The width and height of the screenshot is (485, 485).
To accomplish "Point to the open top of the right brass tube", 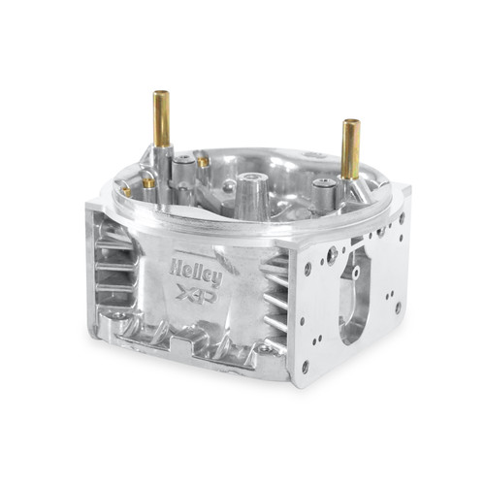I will pos(350,123).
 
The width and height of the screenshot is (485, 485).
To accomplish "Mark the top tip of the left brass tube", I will pos(161,94).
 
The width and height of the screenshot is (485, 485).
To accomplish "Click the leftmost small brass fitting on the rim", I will pos(127,190).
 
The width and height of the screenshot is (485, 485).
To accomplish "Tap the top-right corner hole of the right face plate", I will pos(401,218).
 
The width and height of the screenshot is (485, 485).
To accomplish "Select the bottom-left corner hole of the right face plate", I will pos(305,366).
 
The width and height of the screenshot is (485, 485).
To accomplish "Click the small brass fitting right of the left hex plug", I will pos(204,162).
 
